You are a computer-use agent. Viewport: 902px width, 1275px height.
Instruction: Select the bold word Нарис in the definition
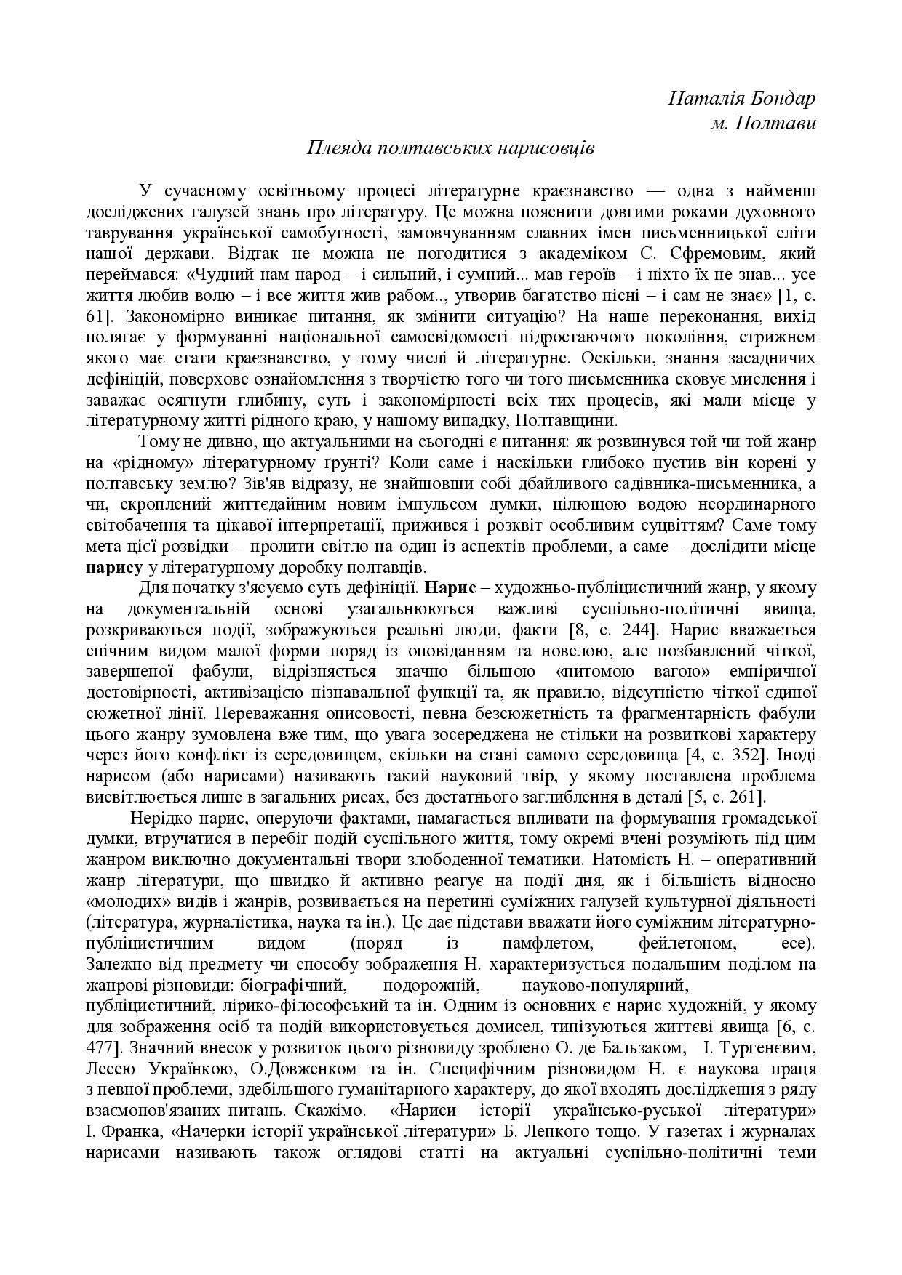[x=447, y=587]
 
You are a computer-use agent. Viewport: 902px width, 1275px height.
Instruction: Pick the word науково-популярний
[x=605, y=986]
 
